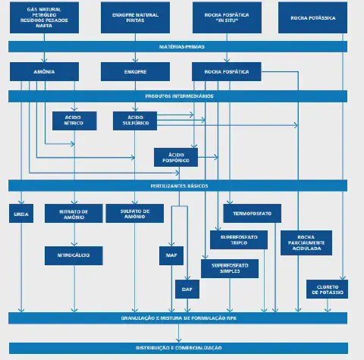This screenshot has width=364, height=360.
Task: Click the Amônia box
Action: tap(44, 71)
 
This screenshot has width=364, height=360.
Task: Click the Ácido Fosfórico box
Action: tap(176, 156)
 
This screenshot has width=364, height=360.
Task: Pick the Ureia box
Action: tap(20, 214)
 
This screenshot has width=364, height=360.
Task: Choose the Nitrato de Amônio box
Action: tap(74, 214)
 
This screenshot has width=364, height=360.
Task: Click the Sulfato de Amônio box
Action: tap(135, 214)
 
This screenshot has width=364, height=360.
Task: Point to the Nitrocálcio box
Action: tap(74, 255)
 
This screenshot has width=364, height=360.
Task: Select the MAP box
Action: tap(171, 256)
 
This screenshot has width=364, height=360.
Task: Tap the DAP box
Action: tap(186, 289)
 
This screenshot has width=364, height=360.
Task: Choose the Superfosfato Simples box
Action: tap(230, 268)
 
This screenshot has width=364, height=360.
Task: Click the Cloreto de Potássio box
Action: tap(327, 289)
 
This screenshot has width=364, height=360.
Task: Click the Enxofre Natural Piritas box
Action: tap(135, 17)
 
